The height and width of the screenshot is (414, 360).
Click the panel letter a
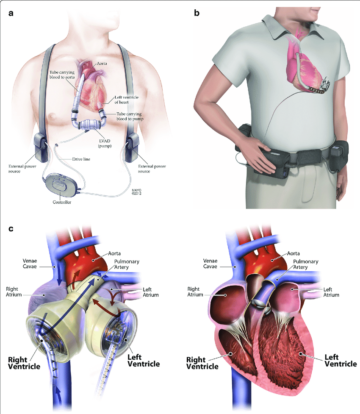11,13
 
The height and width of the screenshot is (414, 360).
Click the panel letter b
197,13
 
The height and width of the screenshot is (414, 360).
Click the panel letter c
11,229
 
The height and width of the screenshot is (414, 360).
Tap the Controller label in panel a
62,203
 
